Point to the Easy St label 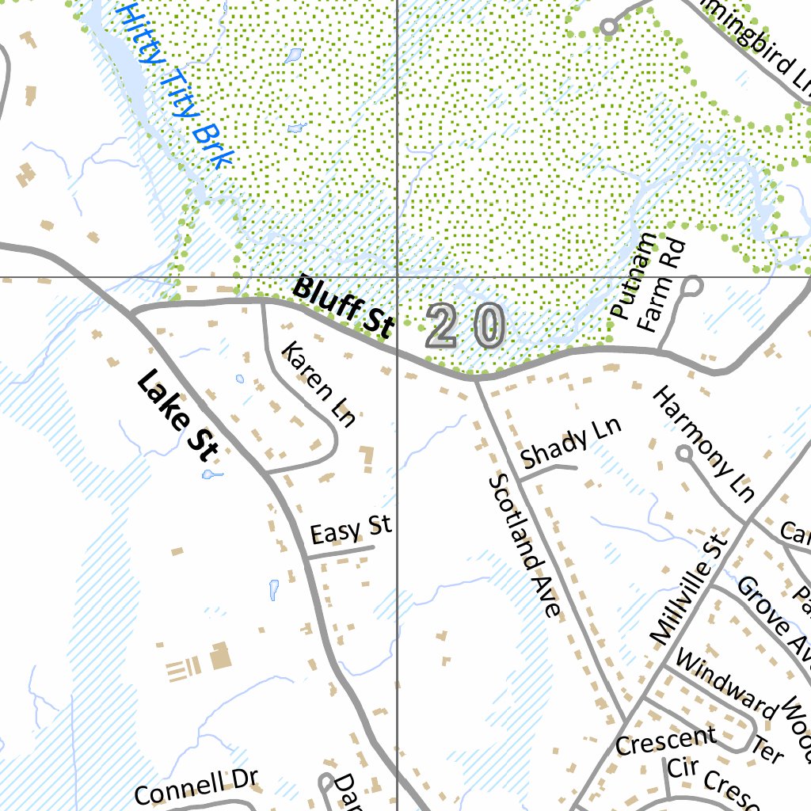pyautogui.click(x=351, y=530)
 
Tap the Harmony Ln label pyautogui.click(x=703, y=444)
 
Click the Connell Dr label pyautogui.click(x=196, y=787)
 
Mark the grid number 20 pyautogui.click(x=466, y=326)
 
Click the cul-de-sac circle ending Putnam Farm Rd pyautogui.click(x=692, y=285)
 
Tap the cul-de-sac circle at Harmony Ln pyautogui.click(x=683, y=453)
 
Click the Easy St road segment pyautogui.click(x=341, y=552)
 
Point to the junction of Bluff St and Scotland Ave pyautogui.click(x=477, y=379)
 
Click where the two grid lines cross pyautogui.click(x=398, y=278)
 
